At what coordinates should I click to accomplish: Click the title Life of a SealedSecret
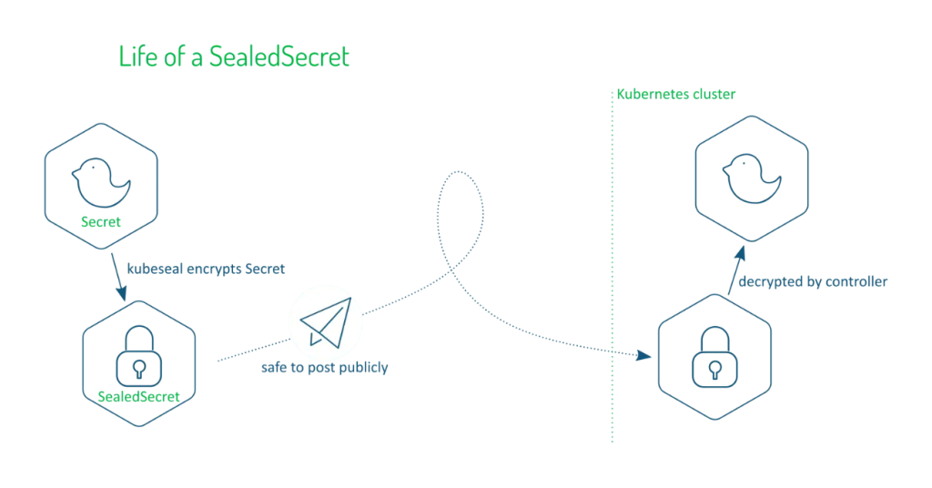234,57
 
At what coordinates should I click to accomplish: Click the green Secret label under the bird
101,221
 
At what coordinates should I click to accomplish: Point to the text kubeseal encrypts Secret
206,269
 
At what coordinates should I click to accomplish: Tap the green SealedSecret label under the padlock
138,396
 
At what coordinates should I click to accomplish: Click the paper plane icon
325,321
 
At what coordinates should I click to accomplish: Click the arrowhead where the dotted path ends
649,356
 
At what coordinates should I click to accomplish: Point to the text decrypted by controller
812,281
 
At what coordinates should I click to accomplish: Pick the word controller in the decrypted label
856,281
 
